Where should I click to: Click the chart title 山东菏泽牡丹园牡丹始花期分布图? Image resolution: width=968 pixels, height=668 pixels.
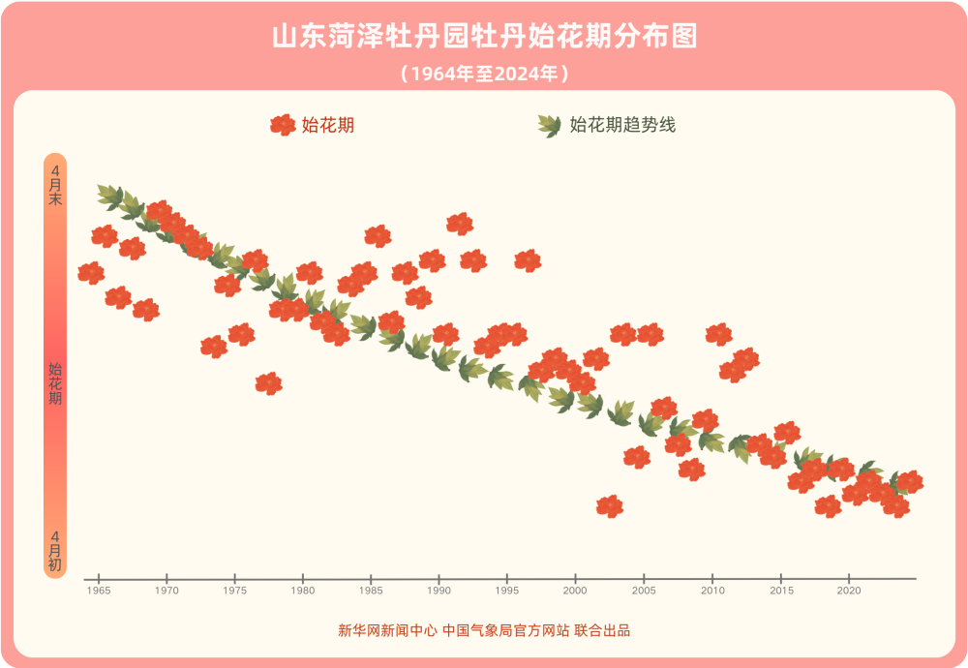pos(484,37)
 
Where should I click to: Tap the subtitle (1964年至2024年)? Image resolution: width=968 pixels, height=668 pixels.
pos(484,74)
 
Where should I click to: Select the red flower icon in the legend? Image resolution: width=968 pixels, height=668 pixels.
pos(283,125)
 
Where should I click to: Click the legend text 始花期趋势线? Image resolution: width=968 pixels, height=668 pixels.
pos(622,125)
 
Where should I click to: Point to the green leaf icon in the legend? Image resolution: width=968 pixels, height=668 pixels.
pos(549,125)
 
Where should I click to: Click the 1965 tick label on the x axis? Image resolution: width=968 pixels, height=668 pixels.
pos(98,590)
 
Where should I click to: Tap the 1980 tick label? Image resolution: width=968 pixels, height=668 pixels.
pos(303,590)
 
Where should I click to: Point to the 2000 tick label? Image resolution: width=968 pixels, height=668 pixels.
pos(575,590)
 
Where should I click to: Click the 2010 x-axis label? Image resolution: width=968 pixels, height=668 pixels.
pos(712,590)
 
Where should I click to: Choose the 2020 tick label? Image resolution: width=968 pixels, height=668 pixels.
pos(849,590)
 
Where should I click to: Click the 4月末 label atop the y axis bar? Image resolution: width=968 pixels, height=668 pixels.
pos(55,184)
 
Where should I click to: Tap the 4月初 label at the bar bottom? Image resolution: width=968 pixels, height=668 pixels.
pos(55,550)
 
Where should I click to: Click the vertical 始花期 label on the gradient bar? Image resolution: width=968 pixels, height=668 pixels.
pos(55,383)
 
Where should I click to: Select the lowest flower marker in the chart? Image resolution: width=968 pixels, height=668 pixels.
pos(610,506)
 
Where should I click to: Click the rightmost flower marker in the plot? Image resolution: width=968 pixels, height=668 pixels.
pos(909,482)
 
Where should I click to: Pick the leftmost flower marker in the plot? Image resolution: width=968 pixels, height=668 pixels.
pos(91,273)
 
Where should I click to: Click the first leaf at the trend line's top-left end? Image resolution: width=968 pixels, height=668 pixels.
pos(109,196)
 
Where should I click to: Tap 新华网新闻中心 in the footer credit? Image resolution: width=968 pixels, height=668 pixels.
pos(387,630)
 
